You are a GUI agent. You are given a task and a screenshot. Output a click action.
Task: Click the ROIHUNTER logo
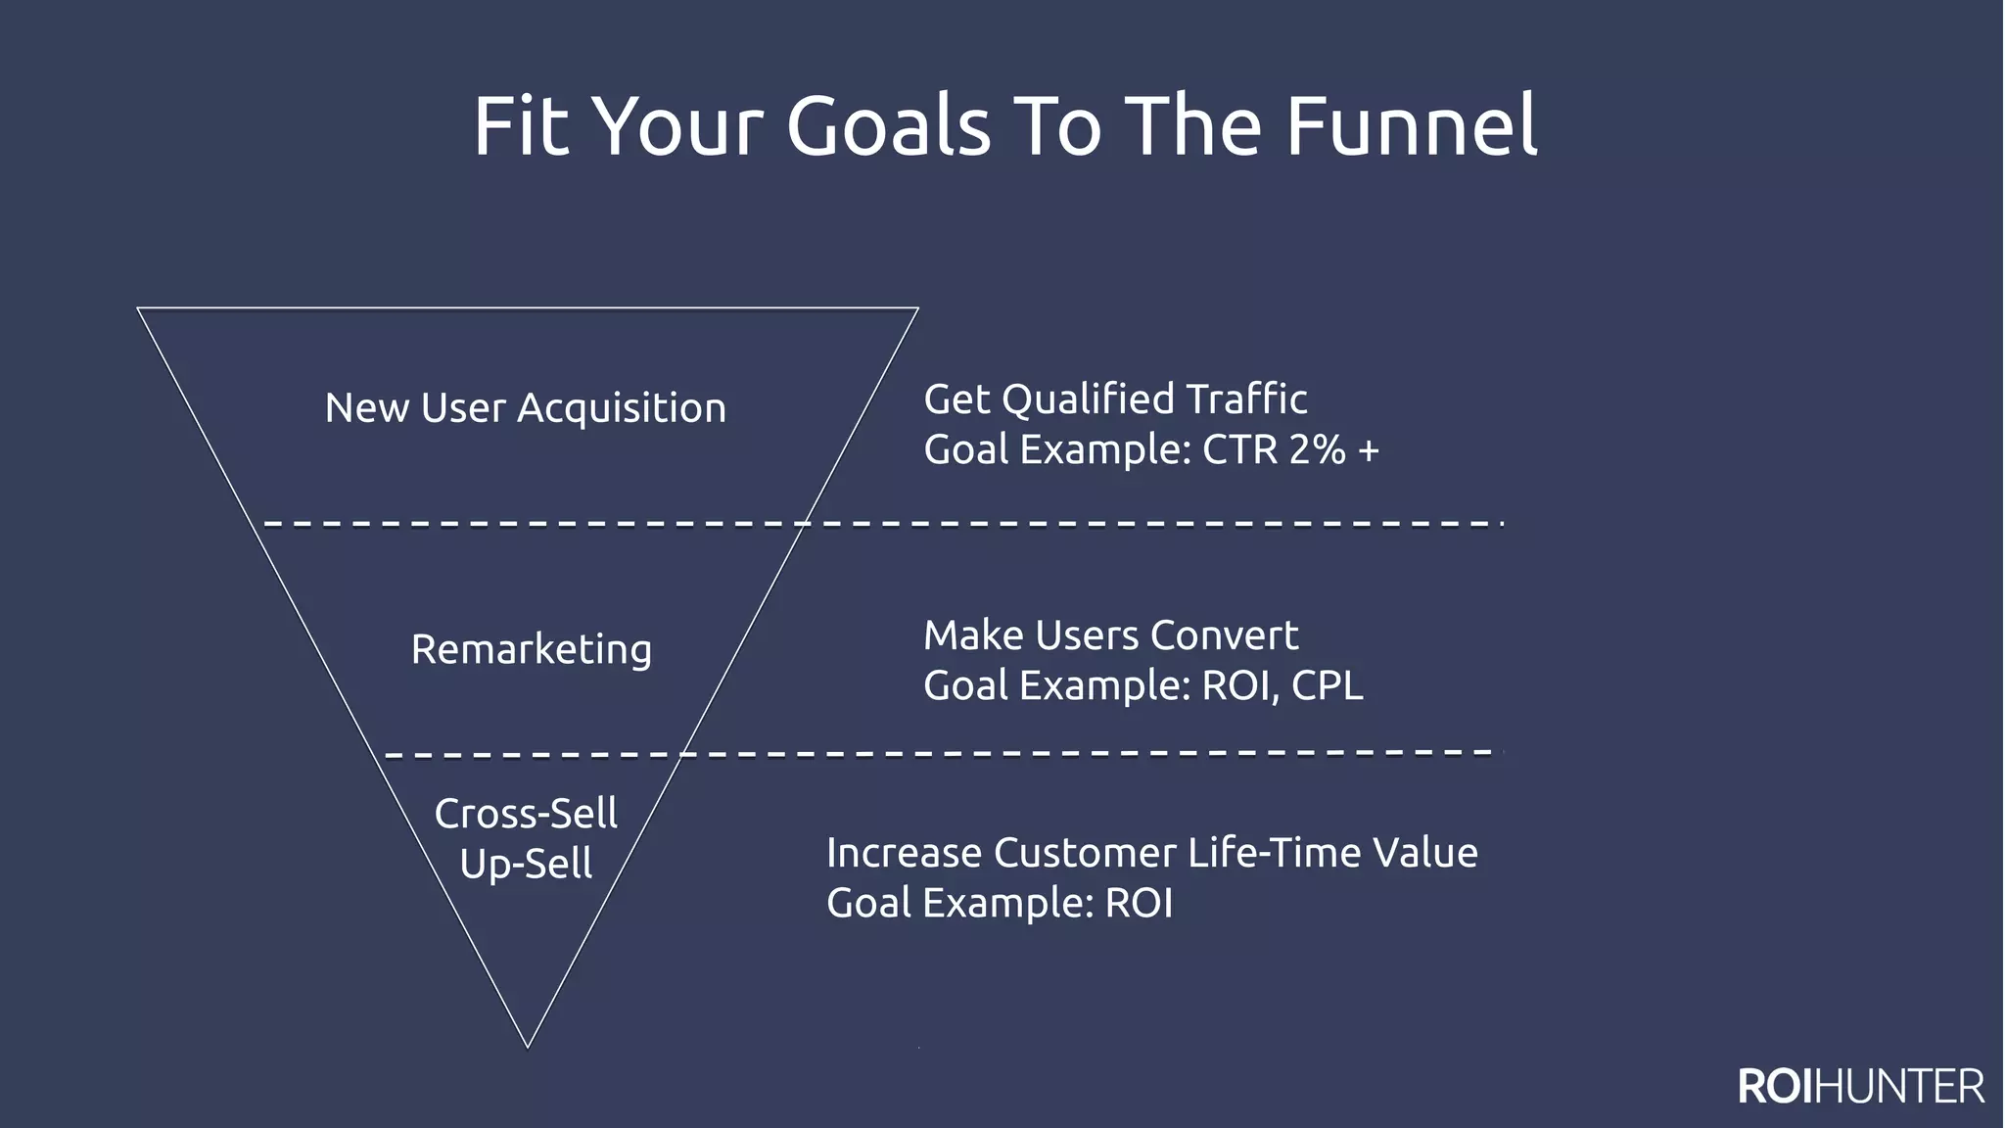[1860, 1087]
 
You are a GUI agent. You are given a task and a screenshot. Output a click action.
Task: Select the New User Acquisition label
[526, 408]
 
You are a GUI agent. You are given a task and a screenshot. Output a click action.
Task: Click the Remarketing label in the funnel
[531, 649]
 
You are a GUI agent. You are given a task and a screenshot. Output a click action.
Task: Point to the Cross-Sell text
[526, 814]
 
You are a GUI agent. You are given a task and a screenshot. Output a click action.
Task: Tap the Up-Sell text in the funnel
[526, 864]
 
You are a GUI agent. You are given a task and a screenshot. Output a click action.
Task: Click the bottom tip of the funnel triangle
[528, 1046]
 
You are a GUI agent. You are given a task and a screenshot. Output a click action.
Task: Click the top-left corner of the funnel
[138, 308]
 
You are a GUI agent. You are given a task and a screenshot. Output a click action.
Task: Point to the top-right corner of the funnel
[917, 308]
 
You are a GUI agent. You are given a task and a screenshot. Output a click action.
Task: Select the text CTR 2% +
[1290, 450]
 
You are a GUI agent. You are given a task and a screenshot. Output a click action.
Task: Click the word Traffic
[1246, 399]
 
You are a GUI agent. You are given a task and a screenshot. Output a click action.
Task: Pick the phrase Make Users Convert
[1110, 635]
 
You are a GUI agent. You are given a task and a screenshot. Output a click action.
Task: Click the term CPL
[1327, 685]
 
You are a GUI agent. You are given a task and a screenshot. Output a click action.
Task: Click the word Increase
[904, 853]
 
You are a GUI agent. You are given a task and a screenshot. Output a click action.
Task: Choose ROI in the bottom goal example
[1139, 903]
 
